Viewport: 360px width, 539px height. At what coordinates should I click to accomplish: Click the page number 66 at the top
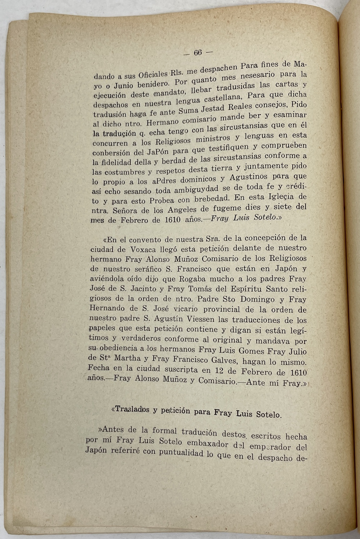click(198, 53)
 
